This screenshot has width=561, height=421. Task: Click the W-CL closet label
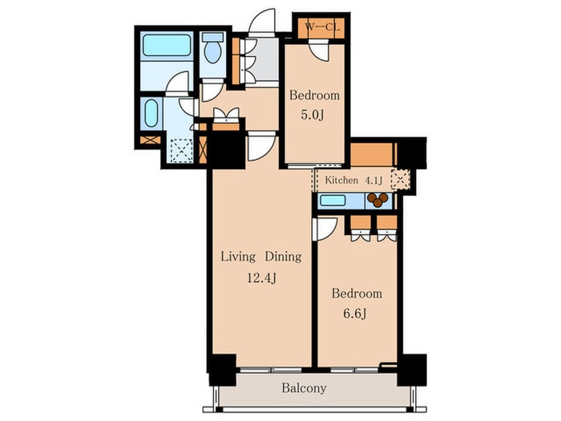(x=321, y=26)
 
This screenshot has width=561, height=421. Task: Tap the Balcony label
(x=304, y=388)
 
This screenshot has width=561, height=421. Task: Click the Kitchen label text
(x=341, y=180)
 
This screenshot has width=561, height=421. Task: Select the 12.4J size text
(x=261, y=277)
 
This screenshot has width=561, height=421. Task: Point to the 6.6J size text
(x=354, y=314)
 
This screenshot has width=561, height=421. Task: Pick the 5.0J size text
(x=313, y=115)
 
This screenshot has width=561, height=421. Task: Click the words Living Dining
(x=261, y=257)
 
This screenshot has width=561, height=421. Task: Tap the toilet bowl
(x=212, y=51)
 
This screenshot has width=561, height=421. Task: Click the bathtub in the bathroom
(x=167, y=45)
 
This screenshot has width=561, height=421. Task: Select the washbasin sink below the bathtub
(x=151, y=113)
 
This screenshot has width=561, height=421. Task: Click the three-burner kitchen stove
(x=377, y=200)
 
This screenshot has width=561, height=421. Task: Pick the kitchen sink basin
(x=333, y=200)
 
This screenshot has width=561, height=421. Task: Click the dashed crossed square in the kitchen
(x=401, y=179)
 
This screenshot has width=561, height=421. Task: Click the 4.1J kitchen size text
(x=373, y=180)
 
